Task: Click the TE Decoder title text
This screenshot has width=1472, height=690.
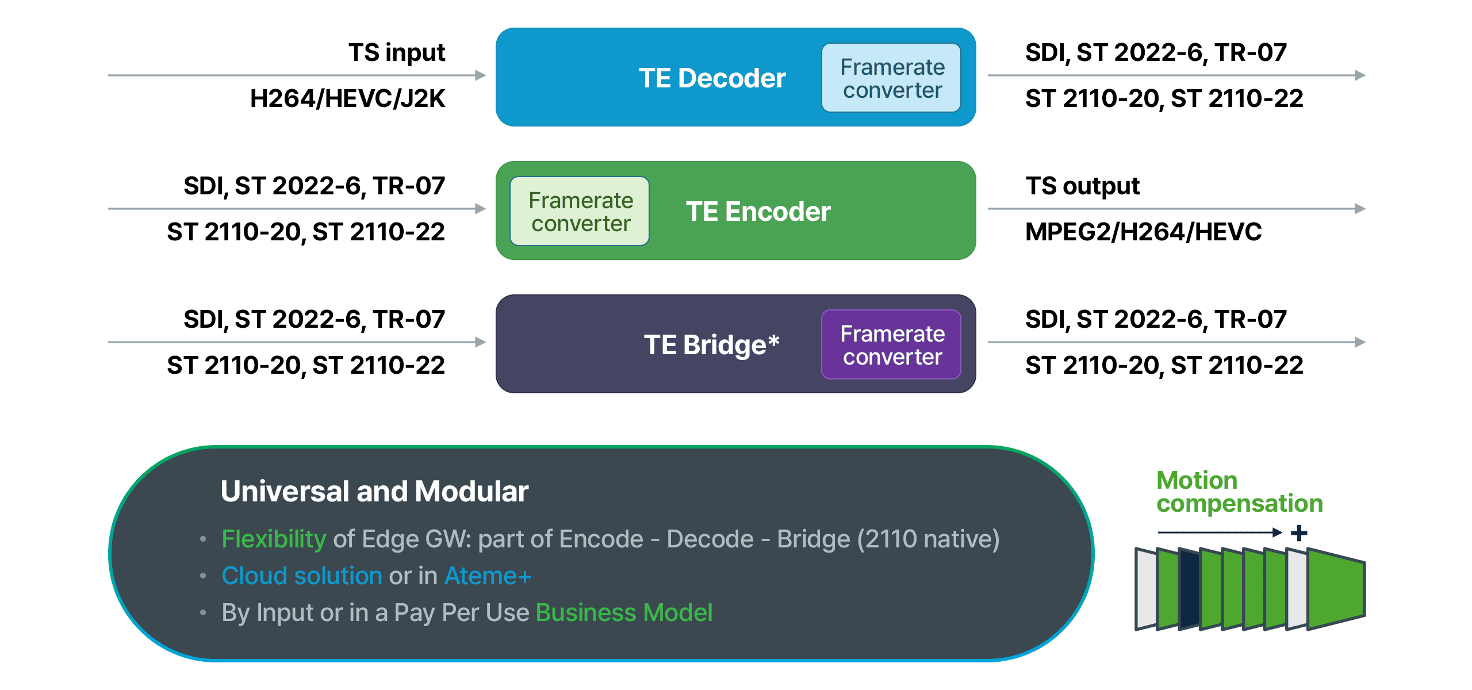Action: tap(712, 78)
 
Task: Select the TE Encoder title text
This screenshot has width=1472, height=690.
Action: tap(758, 212)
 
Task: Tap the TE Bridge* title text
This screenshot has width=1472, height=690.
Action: tap(711, 345)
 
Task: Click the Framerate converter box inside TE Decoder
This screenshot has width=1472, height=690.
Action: tap(892, 78)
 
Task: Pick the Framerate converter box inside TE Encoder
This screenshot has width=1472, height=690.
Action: tap(580, 212)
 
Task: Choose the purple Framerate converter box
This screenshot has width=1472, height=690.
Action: tap(892, 345)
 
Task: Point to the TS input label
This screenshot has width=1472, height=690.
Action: tap(397, 53)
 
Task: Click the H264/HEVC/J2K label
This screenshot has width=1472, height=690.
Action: tap(347, 99)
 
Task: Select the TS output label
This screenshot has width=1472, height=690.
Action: tap(1082, 186)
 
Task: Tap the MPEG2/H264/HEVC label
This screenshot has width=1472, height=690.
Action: tap(1143, 232)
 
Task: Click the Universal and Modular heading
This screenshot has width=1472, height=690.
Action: tap(374, 492)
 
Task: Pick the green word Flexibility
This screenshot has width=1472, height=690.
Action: tap(274, 539)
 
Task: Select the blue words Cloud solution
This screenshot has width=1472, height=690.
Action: tap(302, 576)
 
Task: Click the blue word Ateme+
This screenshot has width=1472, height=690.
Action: tap(488, 576)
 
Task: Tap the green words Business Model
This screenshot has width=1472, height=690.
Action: tap(624, 613)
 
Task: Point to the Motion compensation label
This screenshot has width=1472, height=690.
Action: tap(1239, 492)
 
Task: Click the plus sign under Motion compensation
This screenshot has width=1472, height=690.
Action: tap(1299, 533)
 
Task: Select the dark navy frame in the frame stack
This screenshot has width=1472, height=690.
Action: tap(1190, 589)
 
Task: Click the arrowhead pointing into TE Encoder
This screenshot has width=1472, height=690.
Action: tap(481, 209)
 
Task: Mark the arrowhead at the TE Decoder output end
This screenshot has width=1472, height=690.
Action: tap(1360, 75)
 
